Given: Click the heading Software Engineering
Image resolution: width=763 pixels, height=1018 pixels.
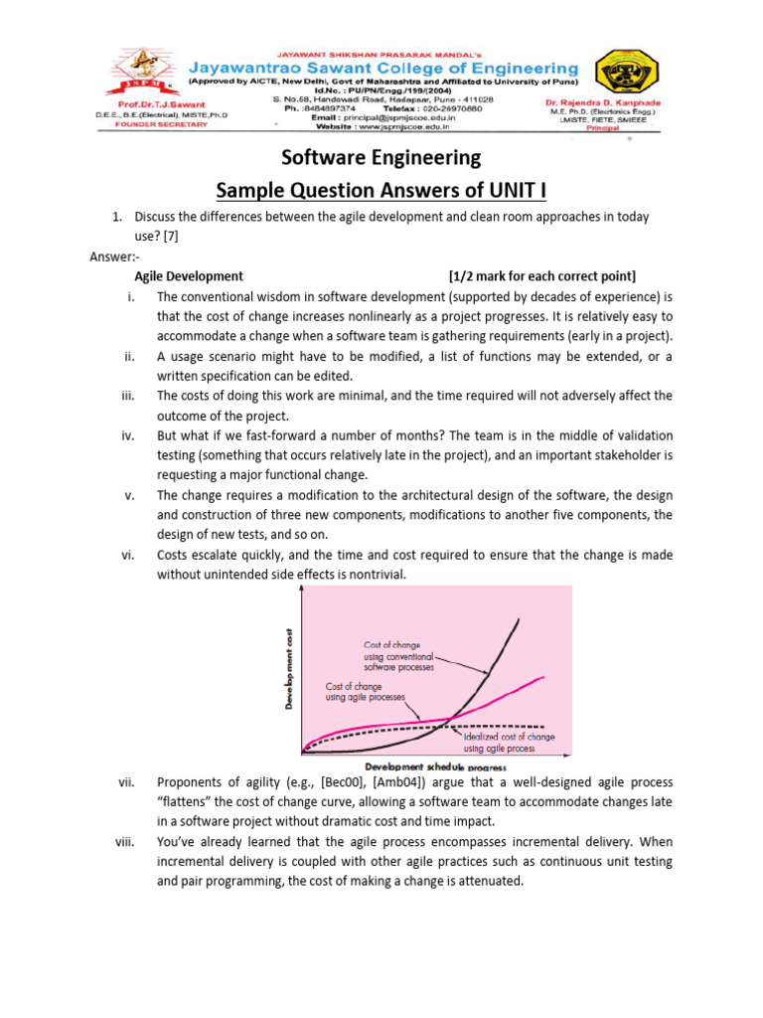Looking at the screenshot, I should [x=381, y=157].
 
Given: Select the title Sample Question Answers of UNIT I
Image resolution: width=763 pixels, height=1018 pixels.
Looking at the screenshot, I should [x=381, y=189].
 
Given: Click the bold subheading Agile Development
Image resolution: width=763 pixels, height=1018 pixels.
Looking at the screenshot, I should [x=189, y=275].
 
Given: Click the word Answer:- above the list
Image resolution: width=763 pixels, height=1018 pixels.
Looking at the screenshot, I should [x=115, y=255].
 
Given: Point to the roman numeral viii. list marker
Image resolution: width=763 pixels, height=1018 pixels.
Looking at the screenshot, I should [x=125, y=841].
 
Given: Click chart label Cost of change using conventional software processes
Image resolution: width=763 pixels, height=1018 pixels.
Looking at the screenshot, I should [x=398, y=656].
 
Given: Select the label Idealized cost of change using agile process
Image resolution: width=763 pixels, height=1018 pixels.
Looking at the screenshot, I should [x=509, y=743].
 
